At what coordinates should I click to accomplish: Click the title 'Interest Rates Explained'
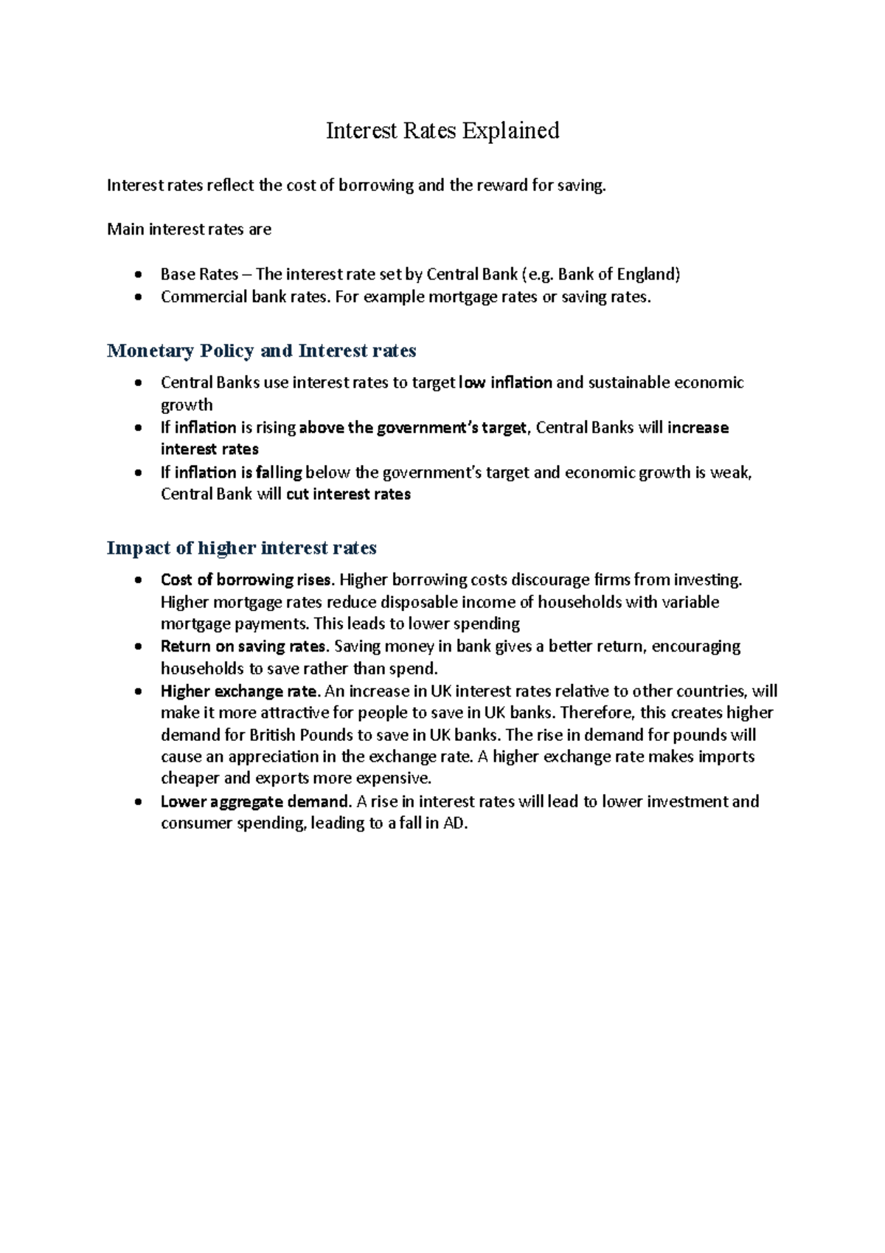442,131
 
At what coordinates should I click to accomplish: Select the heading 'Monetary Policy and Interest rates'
261,351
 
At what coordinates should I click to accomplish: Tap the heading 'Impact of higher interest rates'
241,548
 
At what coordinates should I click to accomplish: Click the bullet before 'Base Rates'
138,275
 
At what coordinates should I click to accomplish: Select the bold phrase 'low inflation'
505,382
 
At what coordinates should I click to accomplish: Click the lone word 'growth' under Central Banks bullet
187,405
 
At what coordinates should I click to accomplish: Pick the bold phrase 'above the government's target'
413,428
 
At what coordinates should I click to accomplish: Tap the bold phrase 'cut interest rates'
348,494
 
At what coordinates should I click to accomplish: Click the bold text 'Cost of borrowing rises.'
247,580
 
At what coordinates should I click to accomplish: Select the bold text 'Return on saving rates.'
244,646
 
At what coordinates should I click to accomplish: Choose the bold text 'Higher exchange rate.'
240,691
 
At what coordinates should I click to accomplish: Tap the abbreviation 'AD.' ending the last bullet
455,824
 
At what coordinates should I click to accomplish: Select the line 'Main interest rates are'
189,229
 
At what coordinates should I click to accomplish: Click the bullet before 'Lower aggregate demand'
138,802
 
